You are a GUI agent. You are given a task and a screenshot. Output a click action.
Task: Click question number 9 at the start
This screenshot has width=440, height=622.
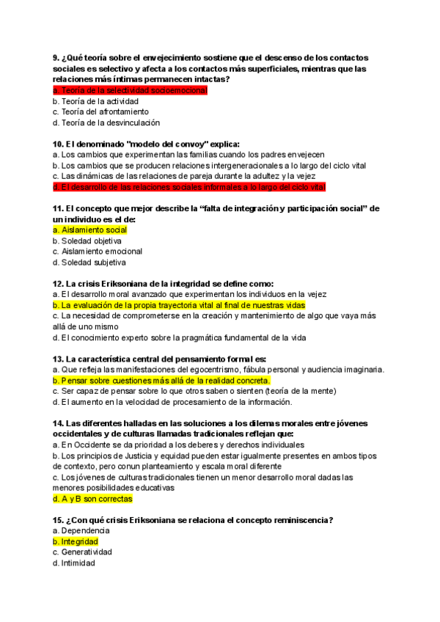[x=56, y=58]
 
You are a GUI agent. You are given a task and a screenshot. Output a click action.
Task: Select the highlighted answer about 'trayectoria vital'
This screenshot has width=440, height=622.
[x=179, y=305]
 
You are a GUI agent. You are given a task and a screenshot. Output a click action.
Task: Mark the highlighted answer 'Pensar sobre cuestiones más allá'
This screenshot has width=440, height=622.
[x=161, y=381]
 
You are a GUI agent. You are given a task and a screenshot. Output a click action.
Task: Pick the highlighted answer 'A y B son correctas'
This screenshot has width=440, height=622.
[x=92, y=499]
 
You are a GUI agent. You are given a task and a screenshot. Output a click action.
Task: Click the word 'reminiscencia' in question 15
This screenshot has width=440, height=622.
[x=296, y=520]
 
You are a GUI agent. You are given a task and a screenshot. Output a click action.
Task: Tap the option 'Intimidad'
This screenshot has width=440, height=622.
[x=77, y=563]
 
